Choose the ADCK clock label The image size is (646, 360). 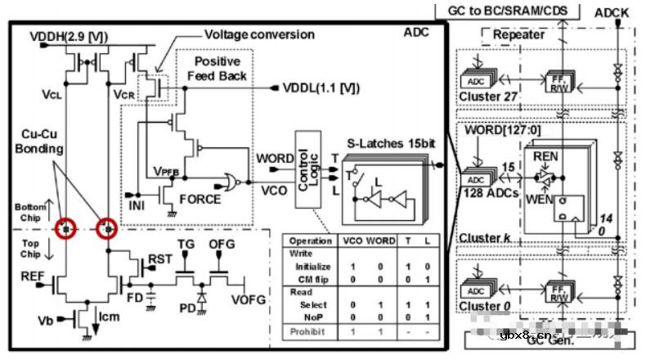point(612,13)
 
